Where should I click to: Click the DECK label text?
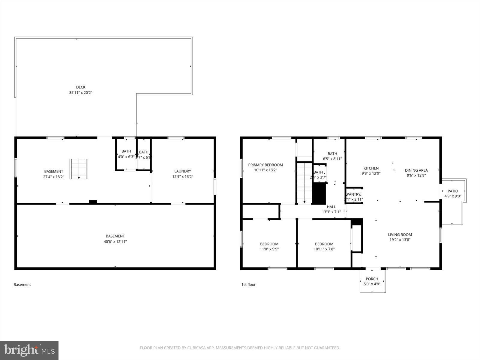[80, 87]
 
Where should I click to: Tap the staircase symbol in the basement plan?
[79, 169]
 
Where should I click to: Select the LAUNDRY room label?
[182, 171]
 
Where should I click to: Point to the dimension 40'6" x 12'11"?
[115, 241]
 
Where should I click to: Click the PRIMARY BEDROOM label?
[265, 165]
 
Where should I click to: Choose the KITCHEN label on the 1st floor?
[371, 168]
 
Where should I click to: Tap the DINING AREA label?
[416, 170]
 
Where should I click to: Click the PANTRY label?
[353, 194]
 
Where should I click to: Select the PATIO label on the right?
[453, 191]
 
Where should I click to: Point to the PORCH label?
[372, 279]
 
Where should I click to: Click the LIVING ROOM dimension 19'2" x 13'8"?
[400, 240]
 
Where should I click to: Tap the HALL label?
[331, 207]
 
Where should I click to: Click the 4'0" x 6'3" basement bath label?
[126, 157]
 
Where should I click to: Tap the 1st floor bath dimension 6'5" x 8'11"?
[332, 159]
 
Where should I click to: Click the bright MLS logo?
[29, 350]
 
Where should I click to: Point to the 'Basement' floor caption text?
[22, 284]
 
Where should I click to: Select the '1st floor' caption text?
[248, 284]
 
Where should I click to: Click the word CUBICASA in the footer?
[195, 348]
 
